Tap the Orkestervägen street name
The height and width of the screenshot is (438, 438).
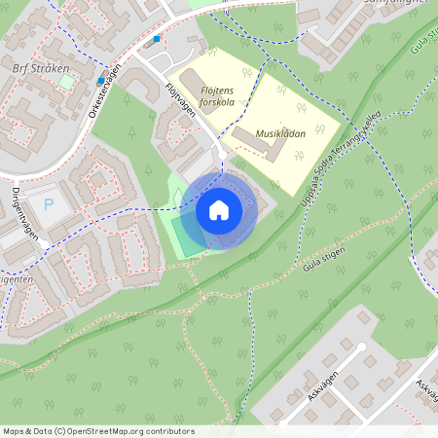coord(103,91)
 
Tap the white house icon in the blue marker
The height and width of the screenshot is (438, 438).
coord(219,211)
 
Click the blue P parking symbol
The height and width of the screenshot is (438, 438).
coord(48,205)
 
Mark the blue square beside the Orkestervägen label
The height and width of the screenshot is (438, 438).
coord(101,81)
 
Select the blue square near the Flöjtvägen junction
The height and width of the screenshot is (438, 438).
coord(157,40)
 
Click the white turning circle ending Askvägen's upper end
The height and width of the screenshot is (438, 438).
coord(361,346)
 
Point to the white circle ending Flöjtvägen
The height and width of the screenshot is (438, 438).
coord(223,156)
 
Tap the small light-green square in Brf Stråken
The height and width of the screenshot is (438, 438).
coord(66,82)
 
